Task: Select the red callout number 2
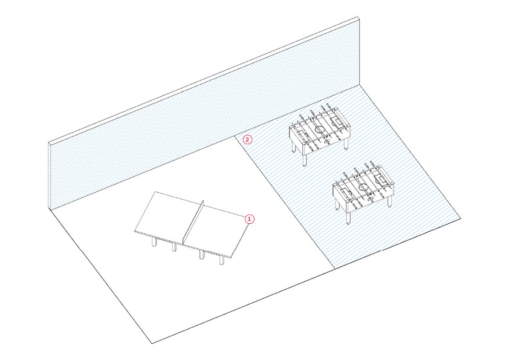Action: [x=247, y=139]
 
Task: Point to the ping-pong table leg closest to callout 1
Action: [x=222, y=259]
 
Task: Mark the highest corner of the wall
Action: [x=359, y=18]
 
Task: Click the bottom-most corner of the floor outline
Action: [x=152, y=343]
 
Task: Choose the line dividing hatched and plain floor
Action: [x=284, y=203]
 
